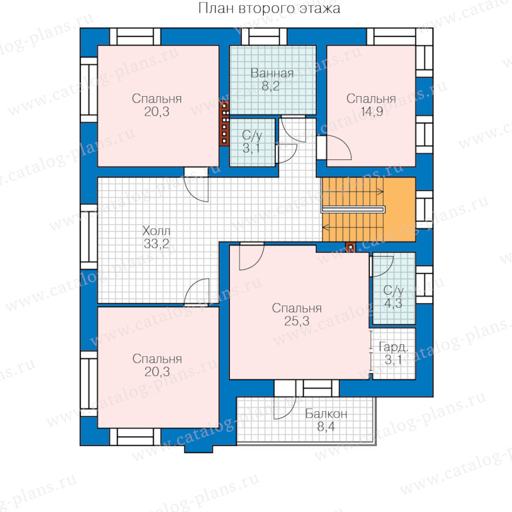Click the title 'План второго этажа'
tap(269, 9)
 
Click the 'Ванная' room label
tap(272, 73)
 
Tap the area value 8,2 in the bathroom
tap(270, 86)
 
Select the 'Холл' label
tap(156, 231)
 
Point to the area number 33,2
tap(156, 243)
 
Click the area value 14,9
tap(371, 112)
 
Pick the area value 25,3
tap(296, 321)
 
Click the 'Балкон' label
tap(326, 414)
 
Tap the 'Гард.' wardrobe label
tap(393, 347)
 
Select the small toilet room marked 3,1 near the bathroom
tap(253, 142)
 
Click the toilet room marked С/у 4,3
tap(394, 288)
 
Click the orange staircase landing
tap(399, 209)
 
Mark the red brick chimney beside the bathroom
tap(224, 123)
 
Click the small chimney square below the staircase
tap(350, 247)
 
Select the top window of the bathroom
tap(264, 36)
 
